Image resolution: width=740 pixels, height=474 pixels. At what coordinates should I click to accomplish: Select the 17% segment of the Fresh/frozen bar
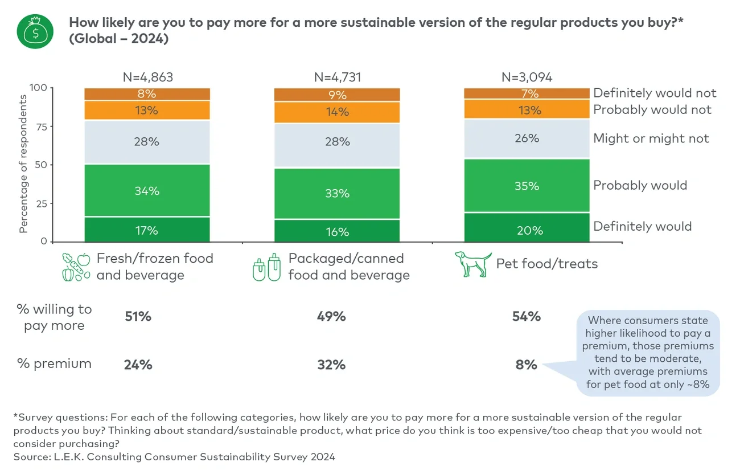tap(147, 230)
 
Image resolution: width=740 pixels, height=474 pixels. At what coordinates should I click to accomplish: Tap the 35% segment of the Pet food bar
tap(527, 186)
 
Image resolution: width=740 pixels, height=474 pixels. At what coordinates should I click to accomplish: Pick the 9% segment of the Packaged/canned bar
tap(337, 95)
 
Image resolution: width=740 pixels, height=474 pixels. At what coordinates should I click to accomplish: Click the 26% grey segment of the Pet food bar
tap(527, 138)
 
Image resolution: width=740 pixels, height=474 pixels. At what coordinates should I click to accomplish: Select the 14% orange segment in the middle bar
tap(337, 112)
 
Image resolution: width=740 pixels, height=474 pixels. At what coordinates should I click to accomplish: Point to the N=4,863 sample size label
tap(147, 77)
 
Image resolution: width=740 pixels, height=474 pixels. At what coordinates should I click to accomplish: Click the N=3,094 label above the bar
tap(527, 77)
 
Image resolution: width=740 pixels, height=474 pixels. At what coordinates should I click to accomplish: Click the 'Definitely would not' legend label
tap(654, 93)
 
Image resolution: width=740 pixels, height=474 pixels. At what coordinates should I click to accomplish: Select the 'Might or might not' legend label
tap(651, 138)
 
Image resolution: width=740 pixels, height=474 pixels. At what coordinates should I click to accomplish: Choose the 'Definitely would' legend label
tap(642, 226)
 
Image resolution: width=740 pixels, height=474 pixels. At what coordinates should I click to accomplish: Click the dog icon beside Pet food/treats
tap(472, 264)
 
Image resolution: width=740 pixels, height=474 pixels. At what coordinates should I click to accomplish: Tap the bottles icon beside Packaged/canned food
tap(266, 267)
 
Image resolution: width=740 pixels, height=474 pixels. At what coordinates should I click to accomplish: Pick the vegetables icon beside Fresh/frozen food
tap(76, 267)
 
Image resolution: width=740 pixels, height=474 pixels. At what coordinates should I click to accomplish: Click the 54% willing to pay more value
tap(527, 316)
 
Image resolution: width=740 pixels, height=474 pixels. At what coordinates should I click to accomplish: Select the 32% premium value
tap(331, 365)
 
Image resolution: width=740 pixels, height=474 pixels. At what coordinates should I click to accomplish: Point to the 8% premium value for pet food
tap(527, 365)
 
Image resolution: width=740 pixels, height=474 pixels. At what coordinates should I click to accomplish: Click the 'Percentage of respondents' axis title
tap(23, 164)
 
